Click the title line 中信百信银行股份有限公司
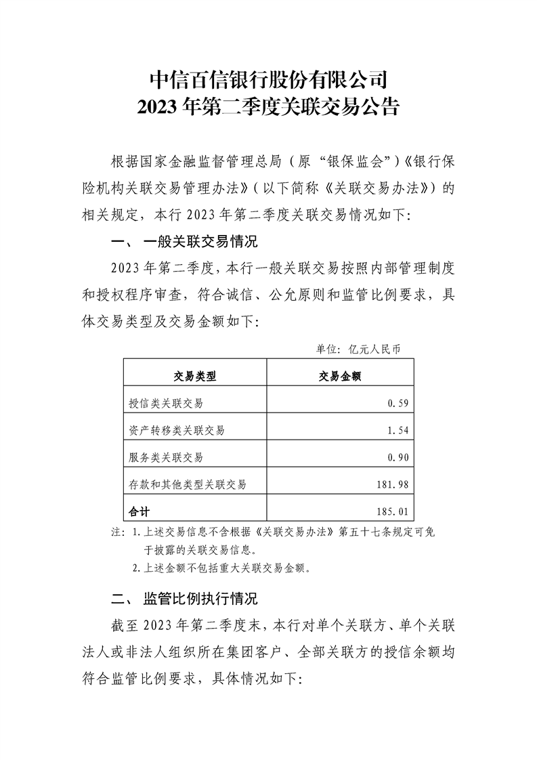pos(268,79)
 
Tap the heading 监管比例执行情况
pos(200,599)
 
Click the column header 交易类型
pos(195,377)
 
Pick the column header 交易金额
pos(339,377)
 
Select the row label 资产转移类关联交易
pos(177,430)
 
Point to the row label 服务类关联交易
pos(166,457)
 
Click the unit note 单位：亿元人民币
pos(359,350)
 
